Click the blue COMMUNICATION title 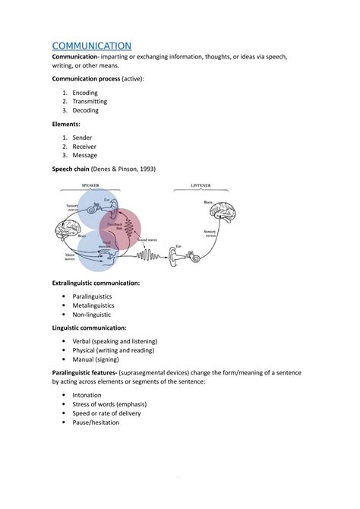pyautogui.click(x=91, y=46)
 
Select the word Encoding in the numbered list pyautogui.click(x=85, y=93)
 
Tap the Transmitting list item pyautogui.click(x=90, y=101)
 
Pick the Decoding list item pyautogui.click(x=85, y=110)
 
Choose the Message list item pyautogui.click(x=85, y=155)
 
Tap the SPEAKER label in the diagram pyautogui.click(x=90, y=185)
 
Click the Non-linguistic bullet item pyautogui.click(x=92, y=314)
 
